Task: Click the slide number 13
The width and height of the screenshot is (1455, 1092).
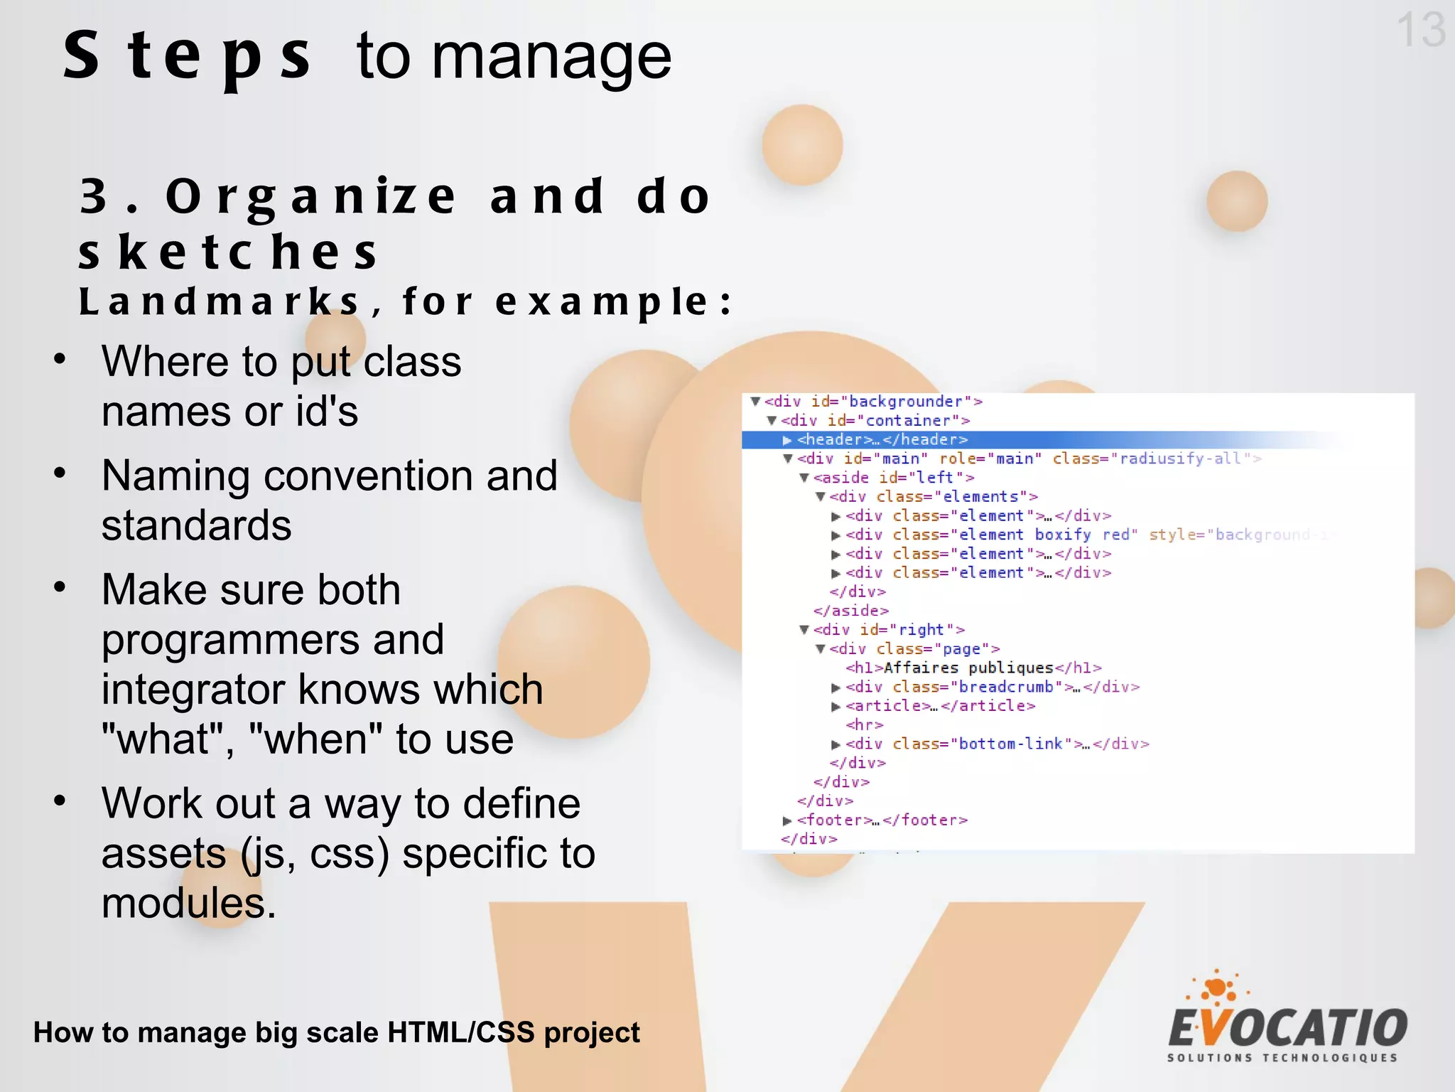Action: point(1420,30)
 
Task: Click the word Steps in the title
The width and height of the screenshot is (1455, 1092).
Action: point(187,57)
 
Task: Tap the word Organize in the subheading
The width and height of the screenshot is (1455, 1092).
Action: point(311,197)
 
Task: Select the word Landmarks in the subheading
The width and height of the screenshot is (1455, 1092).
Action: point(219,301)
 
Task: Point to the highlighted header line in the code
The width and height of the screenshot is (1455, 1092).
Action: point(881,440)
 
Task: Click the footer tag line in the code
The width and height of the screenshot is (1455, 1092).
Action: point(881,820)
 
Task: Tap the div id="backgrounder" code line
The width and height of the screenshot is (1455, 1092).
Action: point(872,402)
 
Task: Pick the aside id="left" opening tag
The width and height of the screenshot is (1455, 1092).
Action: point(893,478)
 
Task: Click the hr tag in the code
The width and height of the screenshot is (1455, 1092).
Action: point(864,725)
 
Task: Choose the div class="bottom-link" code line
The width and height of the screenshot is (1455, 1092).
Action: point(996,744)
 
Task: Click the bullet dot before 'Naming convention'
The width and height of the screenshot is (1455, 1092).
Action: point(60,473)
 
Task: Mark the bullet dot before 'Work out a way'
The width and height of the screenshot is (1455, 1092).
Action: point(60,801)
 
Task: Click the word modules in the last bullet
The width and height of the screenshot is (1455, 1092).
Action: point(188,904)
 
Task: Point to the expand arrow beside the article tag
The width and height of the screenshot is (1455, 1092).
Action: point(836,707)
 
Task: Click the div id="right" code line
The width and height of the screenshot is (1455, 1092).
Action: point(888,630)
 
